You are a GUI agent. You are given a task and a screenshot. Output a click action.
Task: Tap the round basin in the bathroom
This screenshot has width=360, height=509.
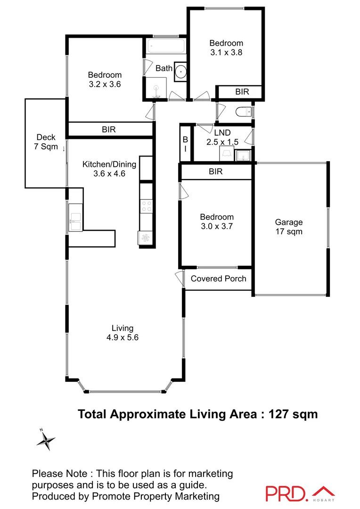click(x=180, y=71)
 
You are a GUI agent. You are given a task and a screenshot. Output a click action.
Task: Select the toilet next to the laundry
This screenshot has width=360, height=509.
click(x=244, y=112)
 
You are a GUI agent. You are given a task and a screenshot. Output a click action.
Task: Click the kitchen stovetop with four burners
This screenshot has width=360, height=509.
click(x=147, y=205)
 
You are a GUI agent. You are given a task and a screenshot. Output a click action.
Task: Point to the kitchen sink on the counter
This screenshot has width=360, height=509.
click(x=75, y=218)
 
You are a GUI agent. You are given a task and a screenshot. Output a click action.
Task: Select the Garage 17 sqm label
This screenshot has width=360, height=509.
click(x=289, y=227)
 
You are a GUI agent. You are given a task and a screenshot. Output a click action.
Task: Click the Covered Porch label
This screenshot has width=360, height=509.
click(x=218, y=279)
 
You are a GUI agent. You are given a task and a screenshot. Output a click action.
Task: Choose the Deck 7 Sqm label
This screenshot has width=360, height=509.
click(x=46, y=142)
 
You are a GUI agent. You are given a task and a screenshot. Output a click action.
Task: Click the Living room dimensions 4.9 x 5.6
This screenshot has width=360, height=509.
click(x=122, y=337)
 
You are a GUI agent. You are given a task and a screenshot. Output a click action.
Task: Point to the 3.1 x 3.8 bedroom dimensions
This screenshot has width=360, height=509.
click(x=226, y=53)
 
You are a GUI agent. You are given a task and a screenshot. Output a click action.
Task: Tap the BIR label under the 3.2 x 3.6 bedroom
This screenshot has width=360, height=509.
click(x=108, y=129)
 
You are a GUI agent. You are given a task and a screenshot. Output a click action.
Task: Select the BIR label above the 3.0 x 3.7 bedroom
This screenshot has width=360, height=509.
click(x=216, y=172)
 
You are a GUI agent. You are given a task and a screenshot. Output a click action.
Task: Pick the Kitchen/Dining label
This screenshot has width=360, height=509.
click(x=109, y=164)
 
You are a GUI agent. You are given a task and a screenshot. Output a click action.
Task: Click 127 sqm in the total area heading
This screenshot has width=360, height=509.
click(x=293, y=414)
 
